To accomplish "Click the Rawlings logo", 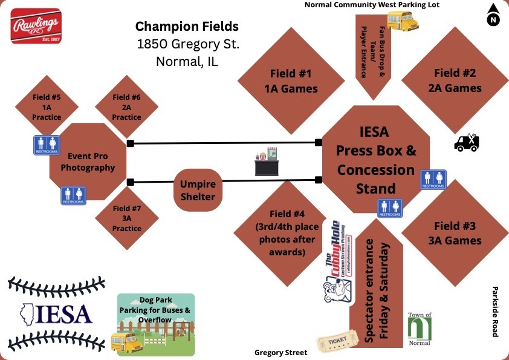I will (x=36, y=25).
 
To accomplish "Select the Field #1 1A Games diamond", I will (x=287, y=81).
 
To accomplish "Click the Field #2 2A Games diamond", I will (x=455, y=80).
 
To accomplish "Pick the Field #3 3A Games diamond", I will (x=455, y=233).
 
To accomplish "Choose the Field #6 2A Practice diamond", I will (x=126, y=106).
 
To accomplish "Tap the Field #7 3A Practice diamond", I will (x=126, y=218).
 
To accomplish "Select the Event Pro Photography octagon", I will (x=88, y=161).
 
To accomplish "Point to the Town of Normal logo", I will (x=420, y=329).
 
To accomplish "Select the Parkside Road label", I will (x=495, y=311).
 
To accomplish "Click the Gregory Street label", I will (x=280, y=352).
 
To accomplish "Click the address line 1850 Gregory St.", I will (x=188, y=44).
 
